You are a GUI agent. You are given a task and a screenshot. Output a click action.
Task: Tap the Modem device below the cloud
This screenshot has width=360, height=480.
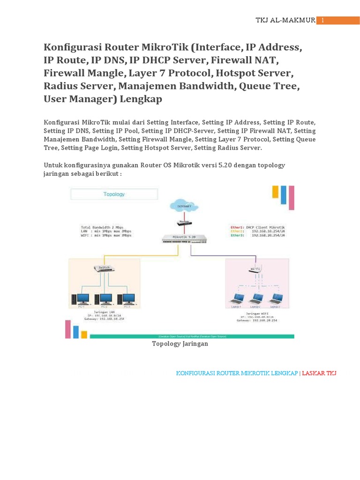(183, 223)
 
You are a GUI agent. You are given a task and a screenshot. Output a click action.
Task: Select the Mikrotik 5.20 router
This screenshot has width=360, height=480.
(183, 239)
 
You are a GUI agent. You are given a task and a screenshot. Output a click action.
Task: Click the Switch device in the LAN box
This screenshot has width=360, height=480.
(104, 268)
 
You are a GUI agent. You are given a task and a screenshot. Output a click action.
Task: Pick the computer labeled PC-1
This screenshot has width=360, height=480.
(81, 299)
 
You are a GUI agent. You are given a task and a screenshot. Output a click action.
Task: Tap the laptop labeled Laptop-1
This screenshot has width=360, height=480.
(235, 299)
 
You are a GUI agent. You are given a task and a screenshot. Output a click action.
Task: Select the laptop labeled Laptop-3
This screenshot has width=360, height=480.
(276, 299)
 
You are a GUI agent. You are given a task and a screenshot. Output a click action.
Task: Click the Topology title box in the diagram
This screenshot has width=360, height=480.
(114, 194)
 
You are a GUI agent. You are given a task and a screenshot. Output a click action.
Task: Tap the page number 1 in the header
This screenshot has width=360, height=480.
(322, 20)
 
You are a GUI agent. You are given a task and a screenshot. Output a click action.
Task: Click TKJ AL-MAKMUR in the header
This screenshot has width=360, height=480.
(285, 20)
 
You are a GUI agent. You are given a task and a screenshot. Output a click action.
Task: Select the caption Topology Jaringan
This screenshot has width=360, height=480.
(180, 344)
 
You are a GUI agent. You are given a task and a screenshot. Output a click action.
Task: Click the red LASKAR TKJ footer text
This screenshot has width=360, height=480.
(319, 373)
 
